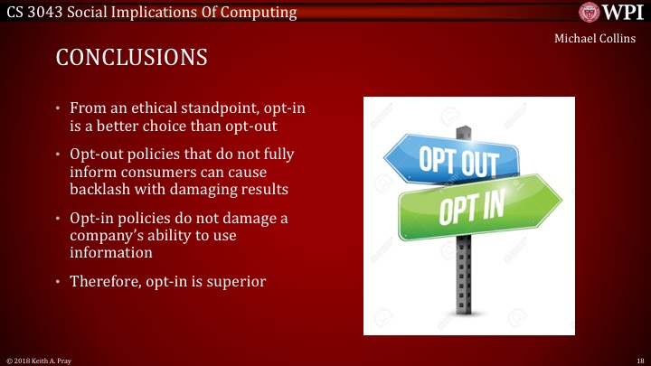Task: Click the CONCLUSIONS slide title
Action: (132, 58)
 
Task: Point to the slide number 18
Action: (638, 360)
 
